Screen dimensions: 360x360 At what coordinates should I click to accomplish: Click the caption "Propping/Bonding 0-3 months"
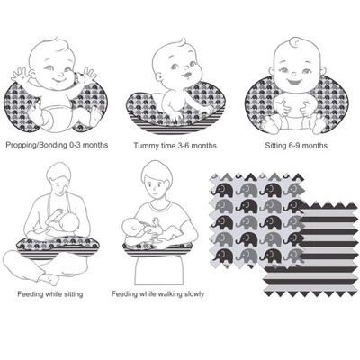[x=57, y=145]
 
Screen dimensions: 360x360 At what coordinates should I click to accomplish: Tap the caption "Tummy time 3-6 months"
[x=175, y=146]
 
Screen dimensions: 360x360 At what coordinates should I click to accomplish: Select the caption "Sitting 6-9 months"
[x=296, y=146]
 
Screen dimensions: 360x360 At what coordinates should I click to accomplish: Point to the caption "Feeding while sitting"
[x=50, y=294]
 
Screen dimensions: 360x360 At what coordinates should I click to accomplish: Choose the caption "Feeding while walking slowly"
[x=157, y=294]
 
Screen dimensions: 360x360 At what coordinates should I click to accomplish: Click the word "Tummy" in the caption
[x=144, y=146]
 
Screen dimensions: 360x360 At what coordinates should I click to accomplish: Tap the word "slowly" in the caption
[x=193, y=294]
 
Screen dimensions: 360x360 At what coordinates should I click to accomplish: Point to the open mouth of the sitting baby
[x=292, y=81]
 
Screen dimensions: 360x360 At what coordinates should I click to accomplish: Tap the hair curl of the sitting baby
[x=294, y=42]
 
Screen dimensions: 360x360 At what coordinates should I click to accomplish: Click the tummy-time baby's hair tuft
[x=182, y=42]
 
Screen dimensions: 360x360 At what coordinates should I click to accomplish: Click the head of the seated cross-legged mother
[x=59, y=177]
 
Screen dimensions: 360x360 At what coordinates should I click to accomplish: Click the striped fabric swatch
[x=312, y=249]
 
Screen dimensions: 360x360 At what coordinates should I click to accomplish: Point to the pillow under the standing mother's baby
[x=157, y=250]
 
